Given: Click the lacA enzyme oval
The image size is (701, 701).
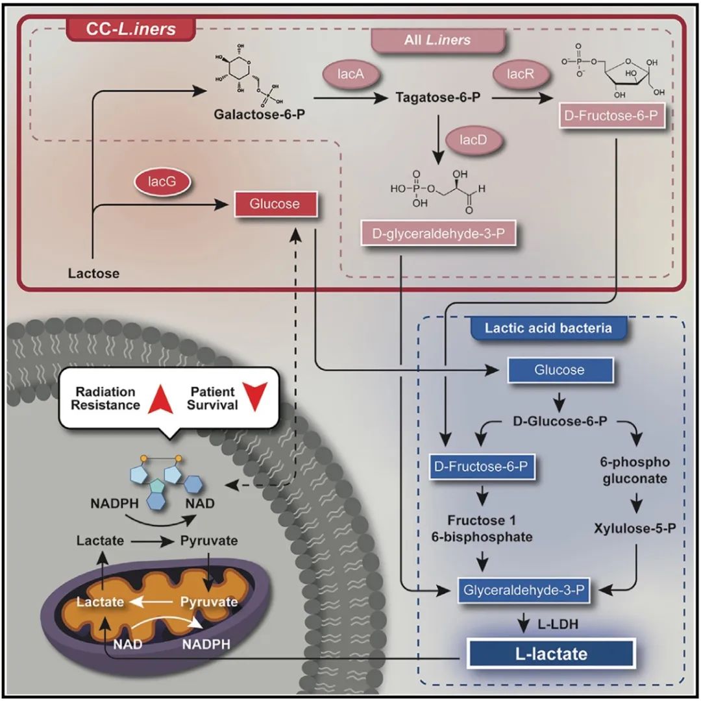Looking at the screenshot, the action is pyautogui.click(x=350, y=74).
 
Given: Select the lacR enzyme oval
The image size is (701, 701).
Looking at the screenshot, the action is pyautogui.click(x=521, y=74).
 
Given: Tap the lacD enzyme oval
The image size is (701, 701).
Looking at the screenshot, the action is pyautogui.click(x=473, y=140).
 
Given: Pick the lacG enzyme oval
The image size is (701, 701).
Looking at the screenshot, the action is pyautogui.click(x=162, y=182).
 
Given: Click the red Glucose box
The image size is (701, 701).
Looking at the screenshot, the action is pyautogui.click(x=275, y=204).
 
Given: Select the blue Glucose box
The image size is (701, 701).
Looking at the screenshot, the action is pyautogui.click(x=560, y=370).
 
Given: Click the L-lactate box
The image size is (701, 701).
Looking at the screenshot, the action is pyautogui.click(x=551, y=654).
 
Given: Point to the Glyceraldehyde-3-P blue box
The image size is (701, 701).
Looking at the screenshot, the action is pyautogui.click(x=524, y=590).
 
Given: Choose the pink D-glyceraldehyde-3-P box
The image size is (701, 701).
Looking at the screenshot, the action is pyautogui.click(x=438, y=234).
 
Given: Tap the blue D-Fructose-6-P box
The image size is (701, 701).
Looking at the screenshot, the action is pyautogui.click(x=482, y=467).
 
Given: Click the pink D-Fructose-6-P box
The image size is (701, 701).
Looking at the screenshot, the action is pyautogui.click(x=611, y=116).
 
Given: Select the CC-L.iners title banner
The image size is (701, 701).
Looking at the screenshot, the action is pyautogui.click(x=130, y=29).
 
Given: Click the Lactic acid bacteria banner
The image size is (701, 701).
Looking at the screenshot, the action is pyautogui.click(x=548, y=328).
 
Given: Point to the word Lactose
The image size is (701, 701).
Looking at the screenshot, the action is pyautogui.click(x=94, y=274).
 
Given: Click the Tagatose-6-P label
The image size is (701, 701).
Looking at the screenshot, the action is pyautogui.click(x=438, y=97).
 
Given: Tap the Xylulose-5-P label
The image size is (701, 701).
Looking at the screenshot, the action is pyautogui.click(x=635, y=529).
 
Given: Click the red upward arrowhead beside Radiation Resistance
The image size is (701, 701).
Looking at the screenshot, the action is pyautogui.click(x=160, y=398).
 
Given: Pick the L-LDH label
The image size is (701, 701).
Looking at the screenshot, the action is pyautogui.click(x=558, y=624).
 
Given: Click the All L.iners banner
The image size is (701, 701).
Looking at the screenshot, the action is pyautogui.click(x=437, y=40).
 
